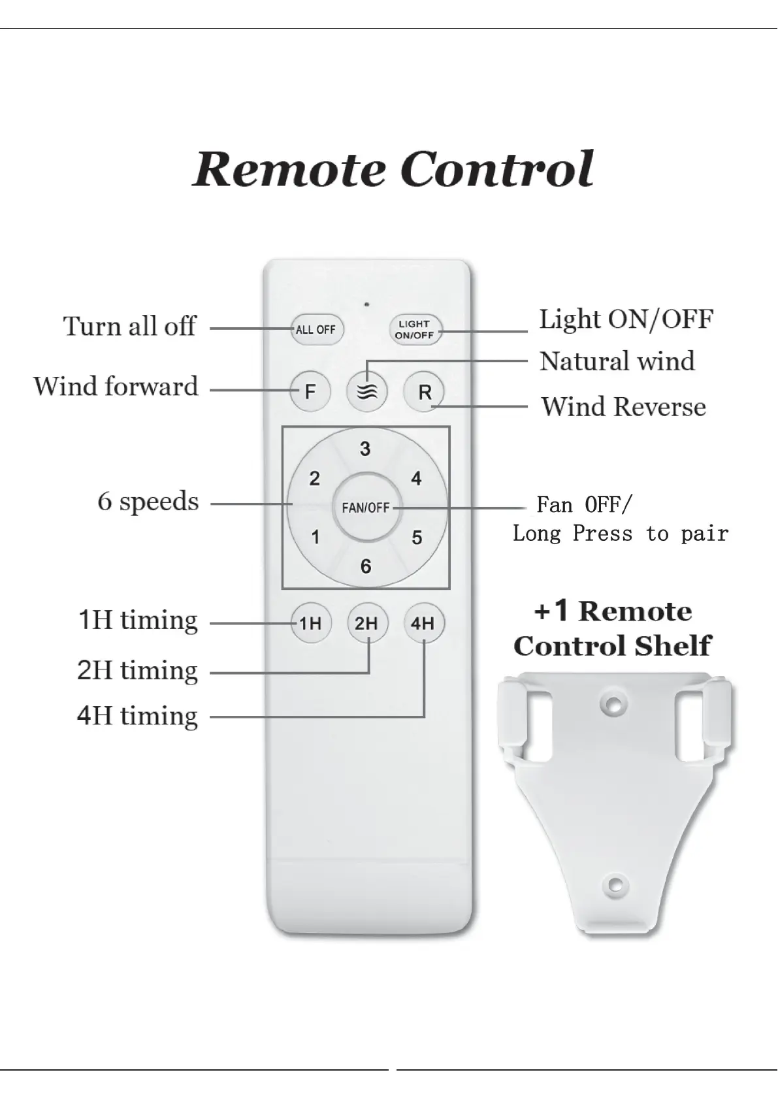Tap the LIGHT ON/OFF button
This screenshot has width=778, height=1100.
tap(415, 329)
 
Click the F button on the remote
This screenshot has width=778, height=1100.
tap(310, 392)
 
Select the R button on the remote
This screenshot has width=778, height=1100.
tap(425, 392)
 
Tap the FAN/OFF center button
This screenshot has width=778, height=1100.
tap(366, 508)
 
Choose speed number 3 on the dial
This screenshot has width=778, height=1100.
tap(365, 449)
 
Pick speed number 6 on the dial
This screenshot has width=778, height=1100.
tap(366, 566)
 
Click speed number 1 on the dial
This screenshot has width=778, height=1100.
tap(316, 538)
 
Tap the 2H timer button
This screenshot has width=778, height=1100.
tap(366, 623)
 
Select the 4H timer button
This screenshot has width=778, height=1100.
tap(423, 623)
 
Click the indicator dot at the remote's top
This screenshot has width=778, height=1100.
tap(367, 304)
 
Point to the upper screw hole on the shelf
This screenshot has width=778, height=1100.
tap(613, 704)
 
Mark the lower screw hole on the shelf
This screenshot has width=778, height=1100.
tap(614, 885)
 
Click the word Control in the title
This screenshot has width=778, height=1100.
tap(497, 169)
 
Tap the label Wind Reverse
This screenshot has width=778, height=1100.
tap(623, 407)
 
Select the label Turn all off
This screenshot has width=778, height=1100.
tap(129, 326)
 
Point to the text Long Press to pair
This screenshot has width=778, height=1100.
tap(620, 534)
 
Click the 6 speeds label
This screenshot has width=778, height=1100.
tap(148, 502)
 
